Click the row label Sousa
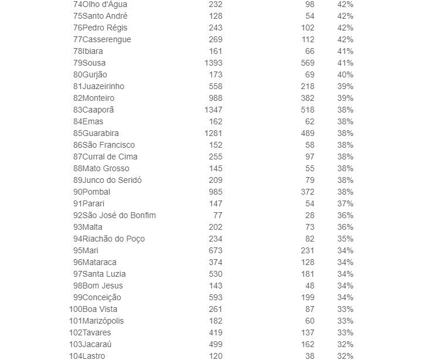tap(94, 63)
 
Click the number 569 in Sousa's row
tap(307, 63)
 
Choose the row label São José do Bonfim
tap(119, 215)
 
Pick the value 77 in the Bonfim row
tap(217, 215)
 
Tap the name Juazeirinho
tap(103, 86)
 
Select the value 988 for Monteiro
tap(215, 98)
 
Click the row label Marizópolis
tap(103, 321)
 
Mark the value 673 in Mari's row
tap(215, 250)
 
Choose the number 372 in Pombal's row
tap(307, 192)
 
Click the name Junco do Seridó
tap(112, 180)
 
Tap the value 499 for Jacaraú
tap(215, 344)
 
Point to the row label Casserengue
tap(107, 39)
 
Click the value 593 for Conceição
tap(215, 297)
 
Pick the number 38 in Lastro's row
tap(309, 356)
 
